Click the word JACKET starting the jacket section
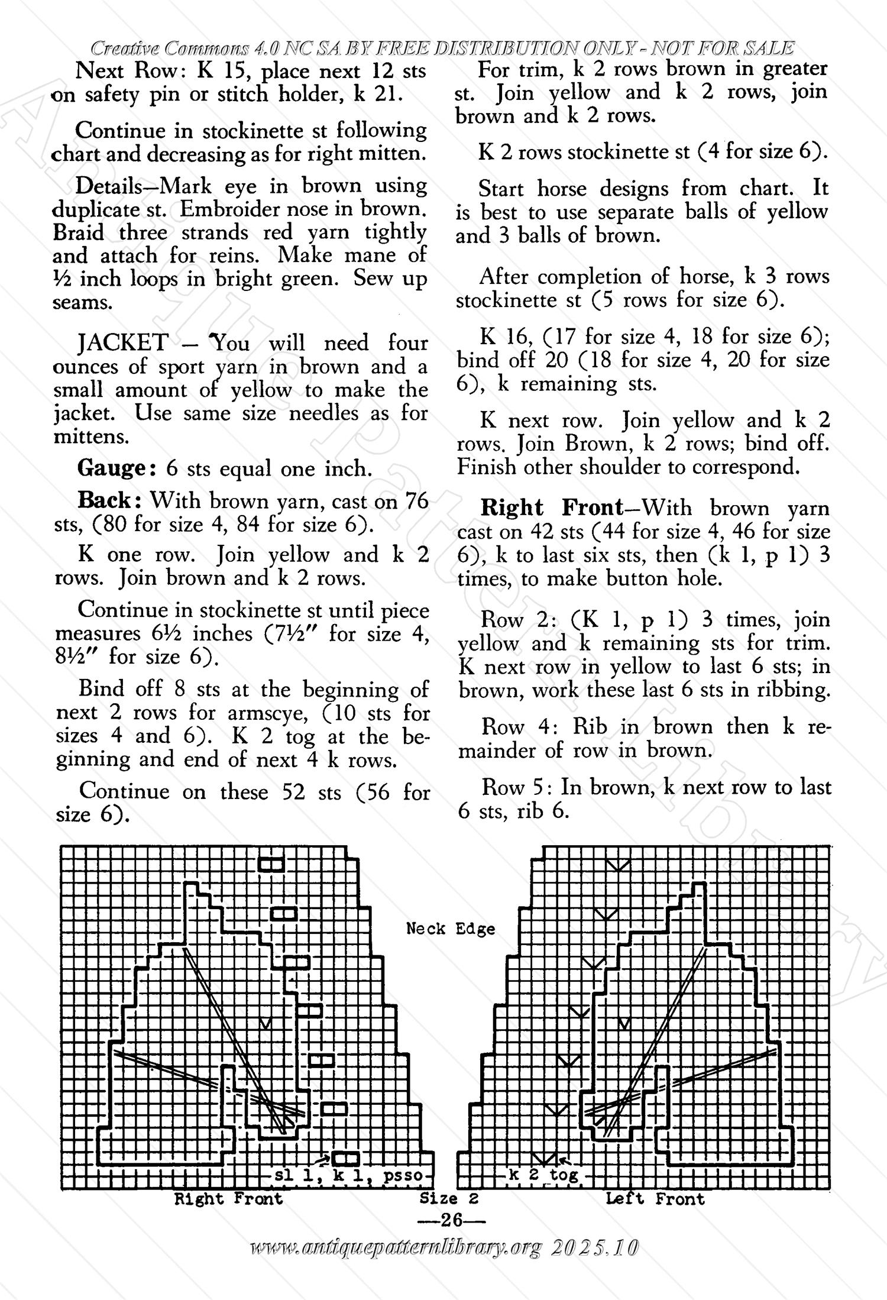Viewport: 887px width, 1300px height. point(123,343)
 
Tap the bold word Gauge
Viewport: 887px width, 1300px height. point(116,468)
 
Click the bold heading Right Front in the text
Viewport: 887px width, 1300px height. point(552,507)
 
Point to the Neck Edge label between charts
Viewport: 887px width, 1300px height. point(451,929)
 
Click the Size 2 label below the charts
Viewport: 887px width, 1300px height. point(448,1198)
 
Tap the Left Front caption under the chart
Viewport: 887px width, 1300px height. point(655,1198)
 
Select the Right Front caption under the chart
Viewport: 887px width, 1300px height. point(228,1198)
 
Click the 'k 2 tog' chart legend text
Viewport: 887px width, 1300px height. point(543,1175)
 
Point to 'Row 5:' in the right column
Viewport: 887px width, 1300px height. point(516,787)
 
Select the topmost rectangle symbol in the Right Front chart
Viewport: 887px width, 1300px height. point(272,864)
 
